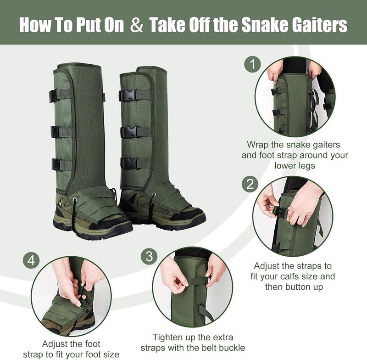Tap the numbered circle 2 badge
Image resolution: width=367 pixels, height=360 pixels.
click(250, 185)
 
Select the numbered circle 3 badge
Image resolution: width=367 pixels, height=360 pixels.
click(149, 256)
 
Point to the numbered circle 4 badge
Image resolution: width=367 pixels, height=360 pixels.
click(31, 260)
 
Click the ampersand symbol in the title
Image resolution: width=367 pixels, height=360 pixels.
click(136, 26)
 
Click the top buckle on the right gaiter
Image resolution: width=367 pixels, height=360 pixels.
click(128, 96)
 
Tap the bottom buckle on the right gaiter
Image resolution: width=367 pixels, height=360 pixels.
click(130, 163)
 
